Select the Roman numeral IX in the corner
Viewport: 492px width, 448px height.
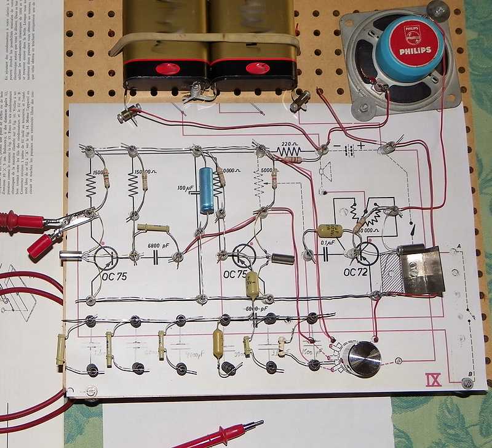(x=433, y=379)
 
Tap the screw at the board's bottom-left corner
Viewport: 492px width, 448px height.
(x=92, y=390)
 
